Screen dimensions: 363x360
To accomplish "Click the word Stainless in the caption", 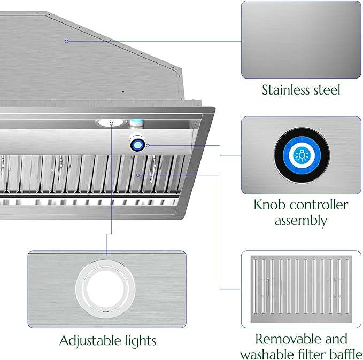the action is (285, 90).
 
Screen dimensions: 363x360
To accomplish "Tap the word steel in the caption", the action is (327, 90).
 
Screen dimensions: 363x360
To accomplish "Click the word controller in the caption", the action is (318, 205).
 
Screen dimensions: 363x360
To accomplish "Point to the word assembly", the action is (301, 221).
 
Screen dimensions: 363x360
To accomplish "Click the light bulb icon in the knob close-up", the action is (302, 155).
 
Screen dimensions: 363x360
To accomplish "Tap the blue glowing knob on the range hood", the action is (138, 145).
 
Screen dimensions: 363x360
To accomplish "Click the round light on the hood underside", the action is (111, 123).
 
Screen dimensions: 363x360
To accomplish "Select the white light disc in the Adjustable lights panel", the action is (105, 289).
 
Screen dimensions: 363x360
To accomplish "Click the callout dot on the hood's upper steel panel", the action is (66, 41).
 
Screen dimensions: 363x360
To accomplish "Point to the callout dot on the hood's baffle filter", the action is (138, 175).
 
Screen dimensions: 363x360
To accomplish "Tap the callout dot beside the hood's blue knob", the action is (148, 145).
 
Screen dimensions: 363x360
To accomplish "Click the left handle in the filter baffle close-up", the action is (268, 287).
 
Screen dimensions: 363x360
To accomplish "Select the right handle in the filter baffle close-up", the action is (335, 287).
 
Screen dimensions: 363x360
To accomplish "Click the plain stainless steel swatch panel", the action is (301, 40).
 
